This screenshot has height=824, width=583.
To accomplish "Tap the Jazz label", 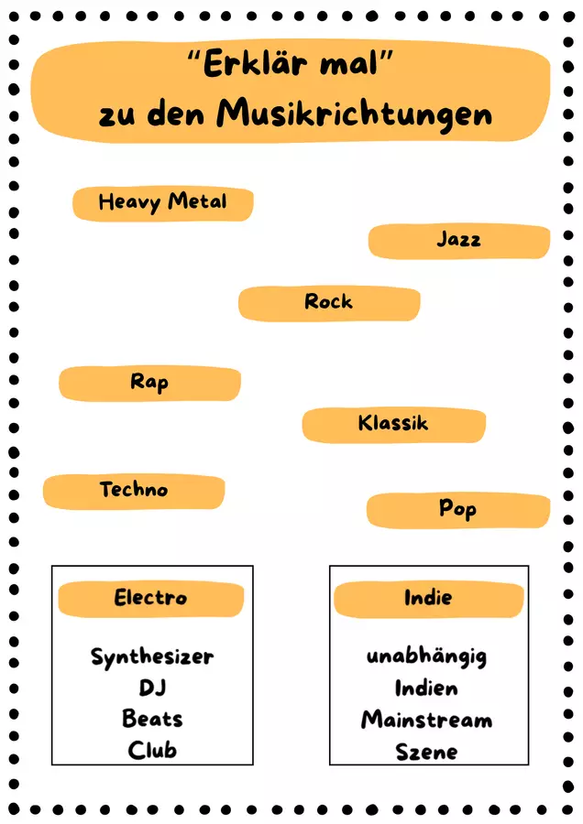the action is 459,240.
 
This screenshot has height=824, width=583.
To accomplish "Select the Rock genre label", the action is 329,301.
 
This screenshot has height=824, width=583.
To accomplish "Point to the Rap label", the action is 149,382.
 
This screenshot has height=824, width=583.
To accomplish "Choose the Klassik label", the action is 393,423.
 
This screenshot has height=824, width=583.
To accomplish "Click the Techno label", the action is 134,489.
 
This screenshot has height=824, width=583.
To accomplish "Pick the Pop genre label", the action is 457,509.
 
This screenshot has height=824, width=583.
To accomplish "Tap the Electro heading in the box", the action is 150,598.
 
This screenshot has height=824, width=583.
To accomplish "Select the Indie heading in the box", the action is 428,598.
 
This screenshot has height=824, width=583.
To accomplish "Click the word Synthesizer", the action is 152,656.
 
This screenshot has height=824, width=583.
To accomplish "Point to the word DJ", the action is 152,688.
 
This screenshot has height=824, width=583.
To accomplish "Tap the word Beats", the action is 152,719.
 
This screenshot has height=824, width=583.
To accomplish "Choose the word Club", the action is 152,751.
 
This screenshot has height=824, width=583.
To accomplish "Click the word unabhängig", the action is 427,656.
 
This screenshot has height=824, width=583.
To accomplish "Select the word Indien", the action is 426,688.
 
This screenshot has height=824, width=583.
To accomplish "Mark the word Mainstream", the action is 427,720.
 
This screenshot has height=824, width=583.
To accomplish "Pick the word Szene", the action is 427,752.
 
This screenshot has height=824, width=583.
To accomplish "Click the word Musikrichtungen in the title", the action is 355,114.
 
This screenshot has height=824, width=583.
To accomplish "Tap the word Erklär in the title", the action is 255,63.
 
